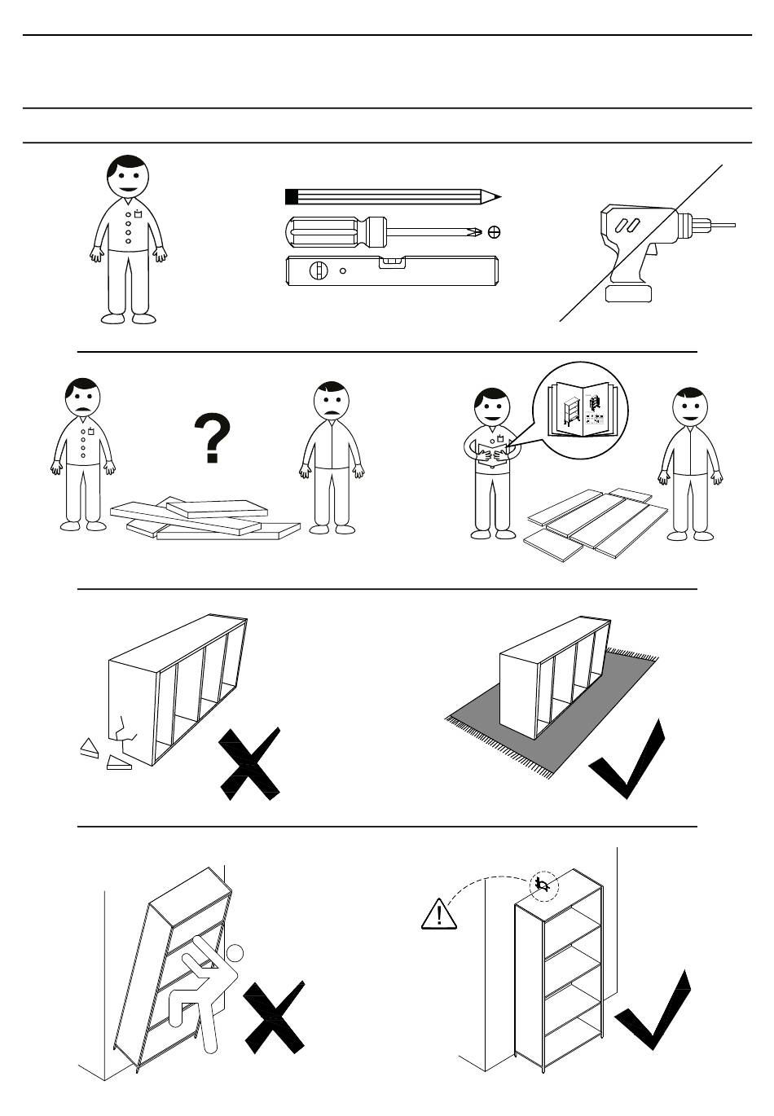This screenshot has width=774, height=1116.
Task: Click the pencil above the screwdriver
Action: point(391,196)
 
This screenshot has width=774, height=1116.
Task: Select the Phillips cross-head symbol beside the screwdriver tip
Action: point(494,232)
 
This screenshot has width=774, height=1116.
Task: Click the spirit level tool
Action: point(391,270)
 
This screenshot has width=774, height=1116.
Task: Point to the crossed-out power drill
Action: point(644,244)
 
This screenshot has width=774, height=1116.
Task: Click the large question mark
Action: point(213,438)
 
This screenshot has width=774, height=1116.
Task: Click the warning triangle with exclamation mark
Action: point(439,915)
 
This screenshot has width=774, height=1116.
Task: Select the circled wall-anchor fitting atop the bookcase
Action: point(543,885)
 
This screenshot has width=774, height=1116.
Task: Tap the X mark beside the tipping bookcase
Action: point(274,1018)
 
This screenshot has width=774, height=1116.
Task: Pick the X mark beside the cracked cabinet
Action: point(250,764)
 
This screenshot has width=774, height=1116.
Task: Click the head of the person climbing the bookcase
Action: point(235,952)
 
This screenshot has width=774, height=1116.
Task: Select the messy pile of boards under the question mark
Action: point(204,519)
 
